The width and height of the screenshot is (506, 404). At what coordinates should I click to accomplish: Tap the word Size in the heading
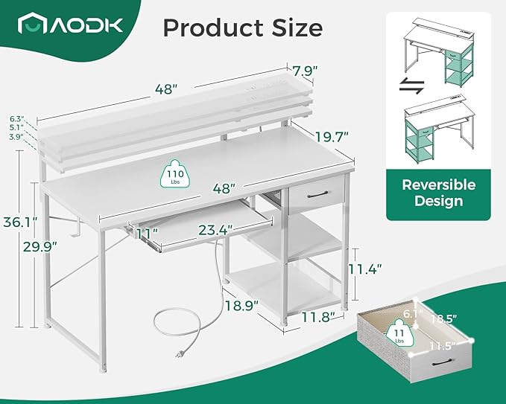pyautogui.click(x=297, y=28)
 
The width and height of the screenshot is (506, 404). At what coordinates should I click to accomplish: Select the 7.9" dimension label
pyautogui.click(x=305, y=71)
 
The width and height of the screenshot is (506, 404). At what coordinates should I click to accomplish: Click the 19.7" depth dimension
pyautogui.click(x=332, y=137)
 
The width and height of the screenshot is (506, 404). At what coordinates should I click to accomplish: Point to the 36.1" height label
pyautogui.click(x=21, y=222)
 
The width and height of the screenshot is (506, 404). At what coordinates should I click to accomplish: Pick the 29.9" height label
pyautogui.click(x=40, y=247)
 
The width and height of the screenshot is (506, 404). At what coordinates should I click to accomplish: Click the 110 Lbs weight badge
pyautogui.click(x=175, y=173)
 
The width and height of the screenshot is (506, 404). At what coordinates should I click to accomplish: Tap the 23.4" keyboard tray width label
pyautogui.click(x=215, y=230)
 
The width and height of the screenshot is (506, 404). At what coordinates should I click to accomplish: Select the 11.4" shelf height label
pyautogui.click(x=365, y=269)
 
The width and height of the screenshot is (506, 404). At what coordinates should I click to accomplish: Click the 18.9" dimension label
pyautogui.click(x=241, y=305)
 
